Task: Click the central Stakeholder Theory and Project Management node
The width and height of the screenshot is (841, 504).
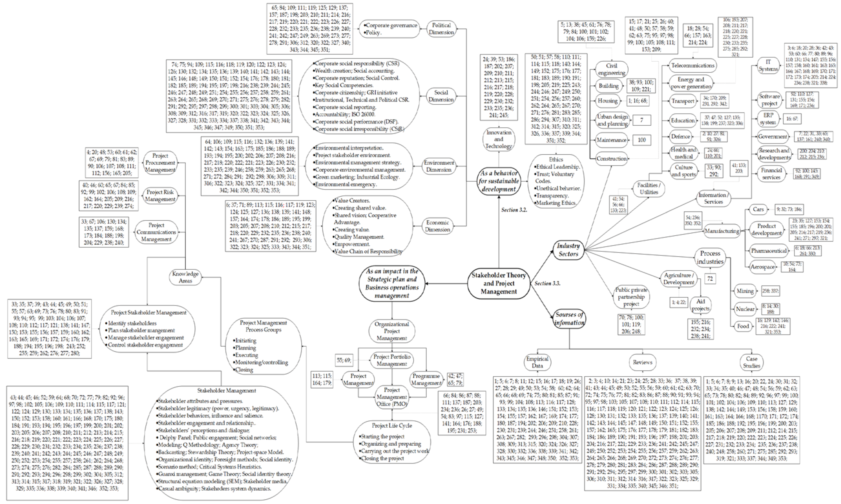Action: coord(498,283)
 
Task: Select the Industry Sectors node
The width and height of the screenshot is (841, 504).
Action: coord(568,250)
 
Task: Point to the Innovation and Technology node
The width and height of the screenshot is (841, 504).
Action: coord(498,139)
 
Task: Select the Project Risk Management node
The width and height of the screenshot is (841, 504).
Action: coord(160,196)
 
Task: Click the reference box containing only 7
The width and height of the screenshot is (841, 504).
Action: coord(642,120)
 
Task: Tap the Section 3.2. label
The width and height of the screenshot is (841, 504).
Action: coord(514,210)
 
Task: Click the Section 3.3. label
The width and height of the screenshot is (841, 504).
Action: coord(547,283)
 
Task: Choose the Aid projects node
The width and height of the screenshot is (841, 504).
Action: coord(700,305)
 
